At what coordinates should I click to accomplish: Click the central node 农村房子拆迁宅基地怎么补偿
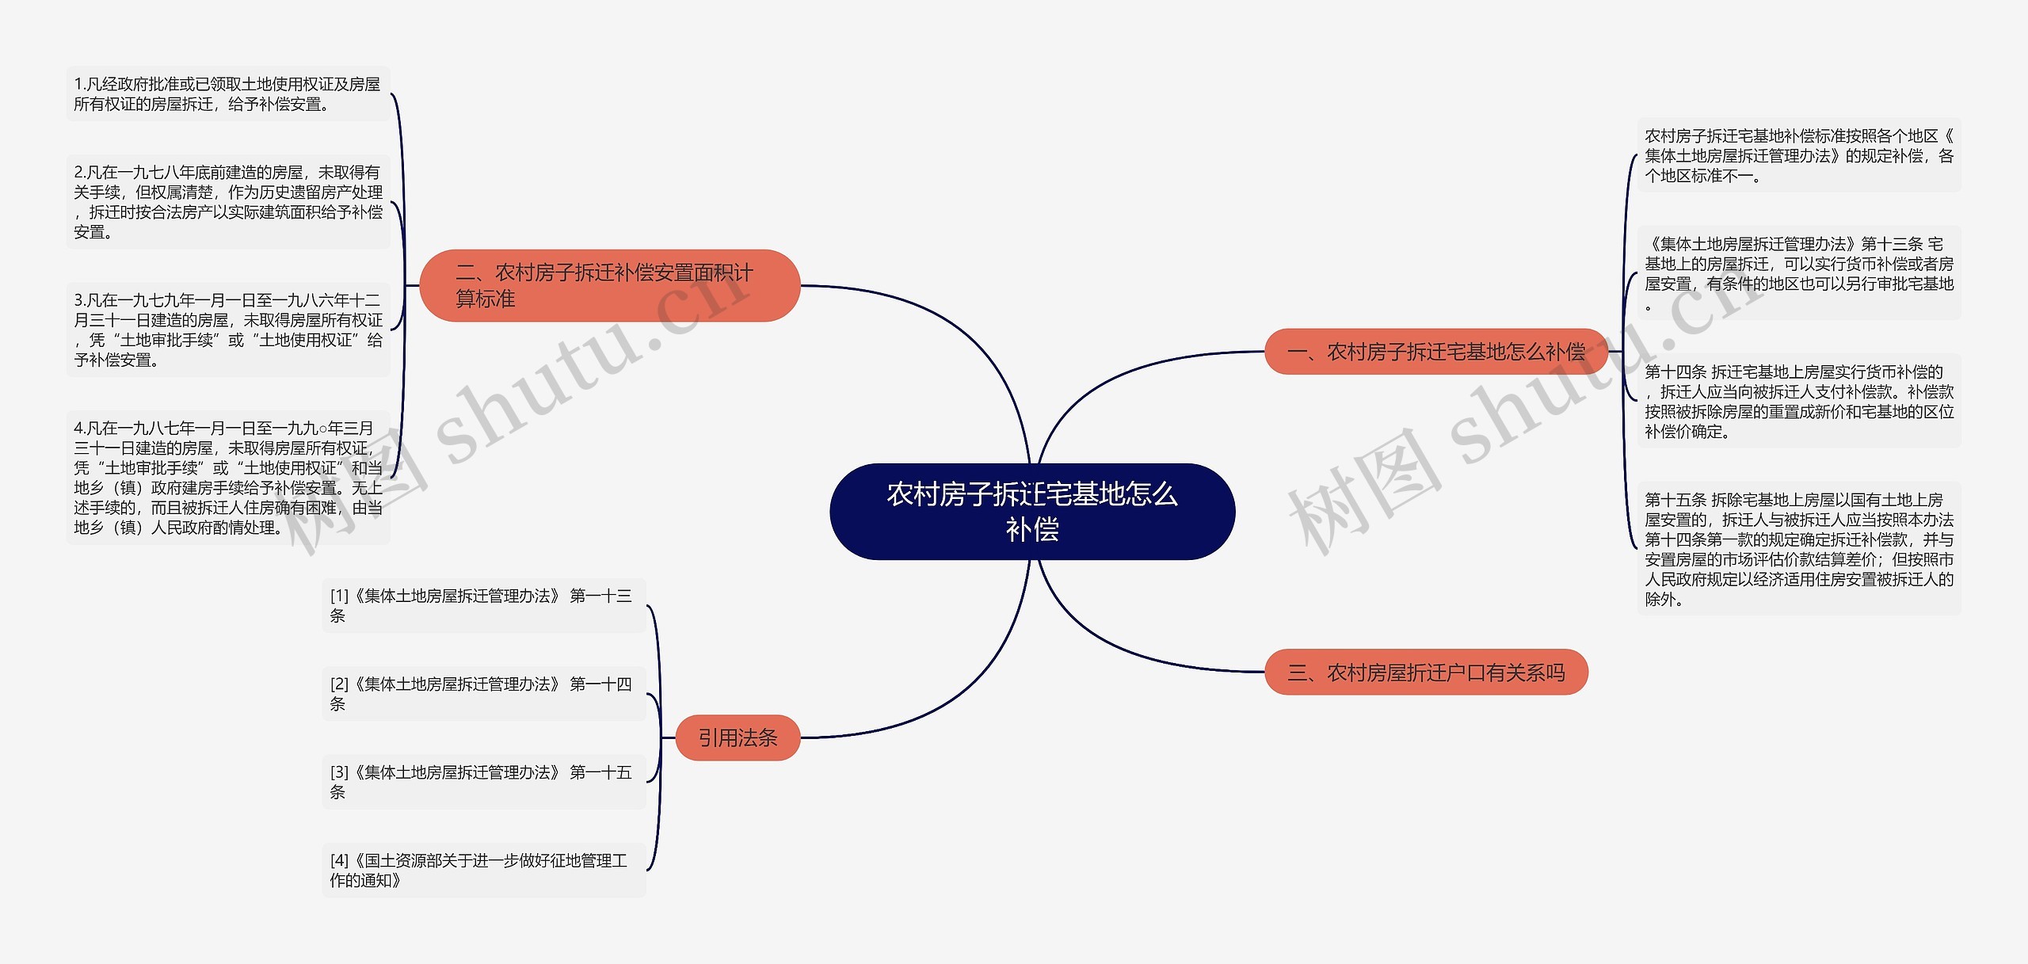tap(1031, 512)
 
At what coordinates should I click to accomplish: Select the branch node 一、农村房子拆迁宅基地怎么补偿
tap(1435, 352)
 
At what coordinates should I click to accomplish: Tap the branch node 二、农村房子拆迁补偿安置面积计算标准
tap(608, 286)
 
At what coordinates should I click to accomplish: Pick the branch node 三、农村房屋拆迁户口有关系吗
tap(1426, 673)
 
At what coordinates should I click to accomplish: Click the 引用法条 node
tap(738, 738)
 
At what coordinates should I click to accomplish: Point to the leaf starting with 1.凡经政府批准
tap(227, 94)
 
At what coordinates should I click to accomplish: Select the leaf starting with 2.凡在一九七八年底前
tap(227, 202)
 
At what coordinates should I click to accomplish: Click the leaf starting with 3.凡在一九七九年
tap(227, 330)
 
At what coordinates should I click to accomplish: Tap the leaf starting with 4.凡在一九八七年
tap(227, 478)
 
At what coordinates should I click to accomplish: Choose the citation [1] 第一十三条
tap(483, 605)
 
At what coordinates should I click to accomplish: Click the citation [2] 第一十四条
tap(483, 694)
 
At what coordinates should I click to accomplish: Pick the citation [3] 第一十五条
tap(483, 782)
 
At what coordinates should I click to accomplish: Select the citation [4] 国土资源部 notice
tap(483, 871)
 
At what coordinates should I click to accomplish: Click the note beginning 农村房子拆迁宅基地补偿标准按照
tap(1798, 155)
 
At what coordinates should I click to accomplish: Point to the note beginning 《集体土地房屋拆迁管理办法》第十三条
tap(1798, 273)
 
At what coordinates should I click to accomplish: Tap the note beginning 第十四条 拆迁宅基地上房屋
tap(1798, 402)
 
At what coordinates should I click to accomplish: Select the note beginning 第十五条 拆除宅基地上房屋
tap(1798, 549)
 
